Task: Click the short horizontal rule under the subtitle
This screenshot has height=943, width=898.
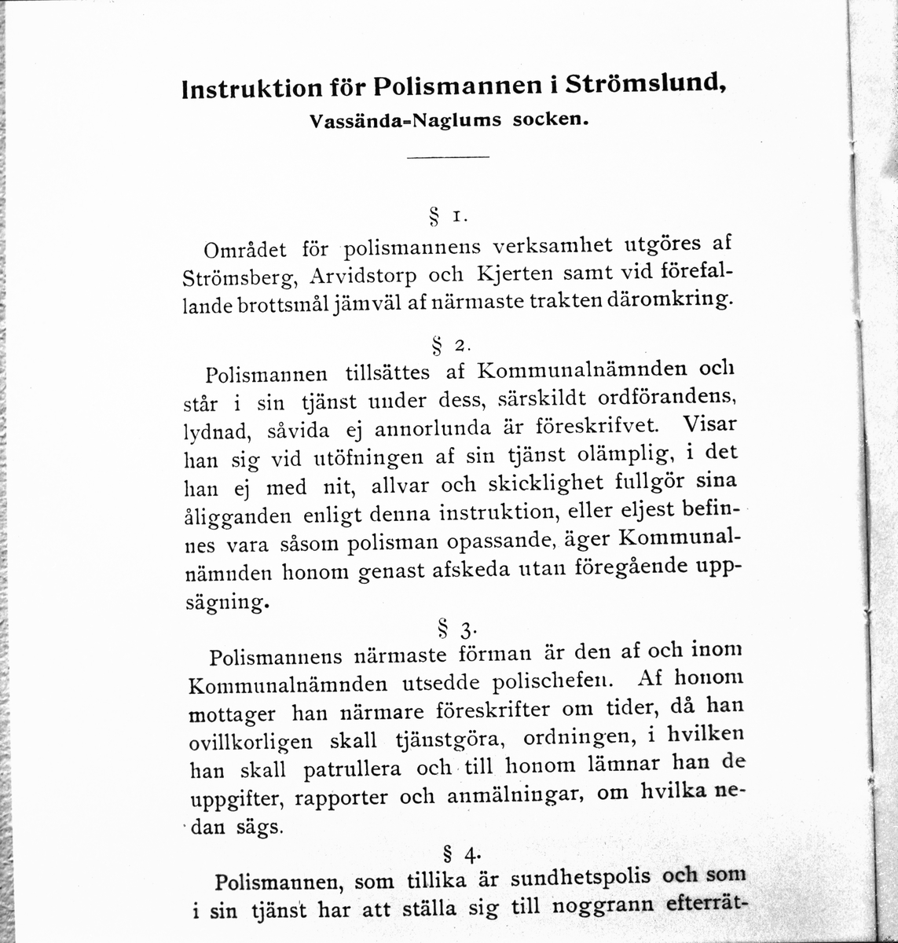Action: click(449, 160)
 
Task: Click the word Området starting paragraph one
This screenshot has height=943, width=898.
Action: click(244, 251)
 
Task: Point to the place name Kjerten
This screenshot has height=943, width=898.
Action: click(514, 275)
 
